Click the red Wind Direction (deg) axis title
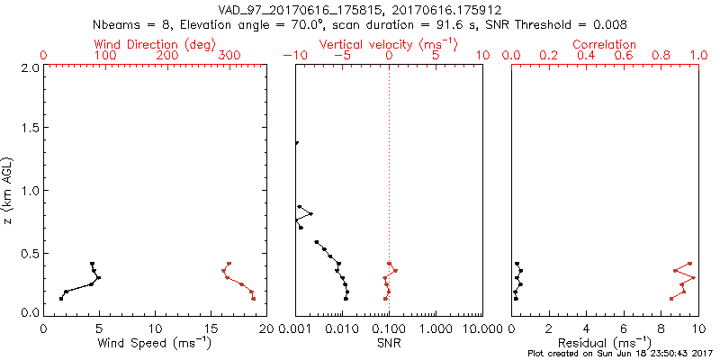click(156, 44)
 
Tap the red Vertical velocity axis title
click(388, 44)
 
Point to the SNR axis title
click(389, 342)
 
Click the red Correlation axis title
click(604, 44)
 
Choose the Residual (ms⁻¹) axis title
click(604, 342)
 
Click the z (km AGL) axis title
click(10, 189)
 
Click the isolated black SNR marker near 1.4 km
click(296, 143)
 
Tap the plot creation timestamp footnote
click(620, 354)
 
